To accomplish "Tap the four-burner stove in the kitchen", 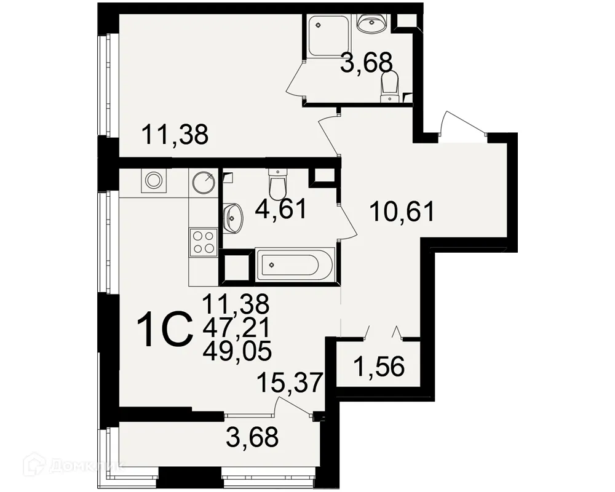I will coord(204,241).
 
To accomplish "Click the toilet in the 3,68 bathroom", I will coord(390,85).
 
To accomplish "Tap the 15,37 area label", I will coord(291,383).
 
